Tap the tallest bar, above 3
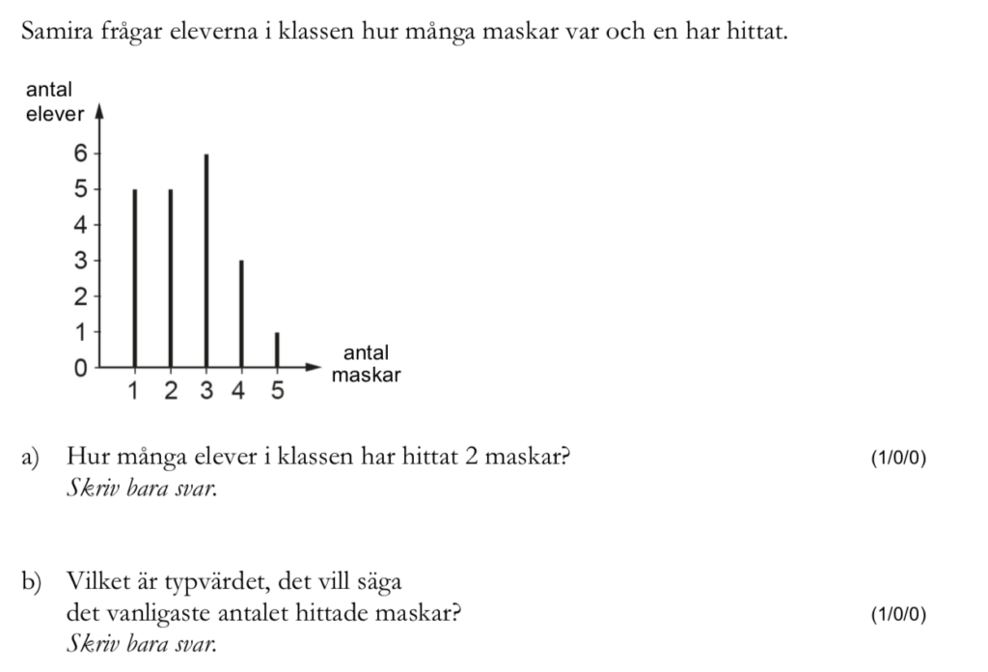206,261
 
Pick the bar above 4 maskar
241,314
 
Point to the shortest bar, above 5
277,350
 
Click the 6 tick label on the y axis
80,153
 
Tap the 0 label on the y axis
80,368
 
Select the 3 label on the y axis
80,261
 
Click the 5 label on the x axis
277,392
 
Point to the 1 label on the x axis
134,392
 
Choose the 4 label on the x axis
241,392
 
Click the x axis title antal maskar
365,364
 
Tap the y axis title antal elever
54,102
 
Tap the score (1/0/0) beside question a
897,458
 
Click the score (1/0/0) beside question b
897,613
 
